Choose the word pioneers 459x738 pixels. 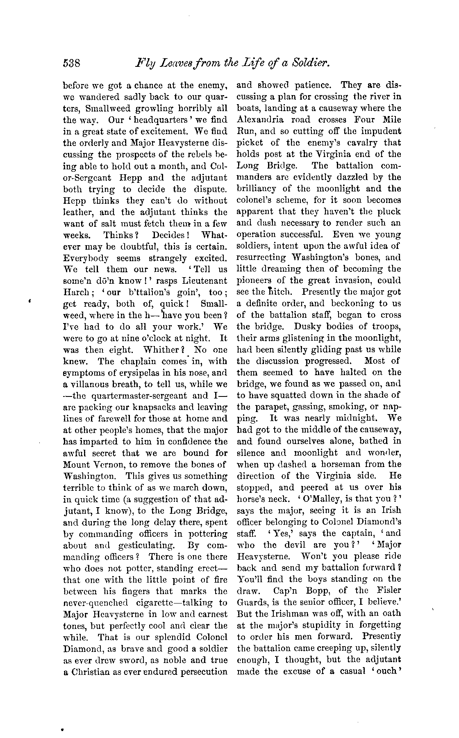point(254,281)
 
